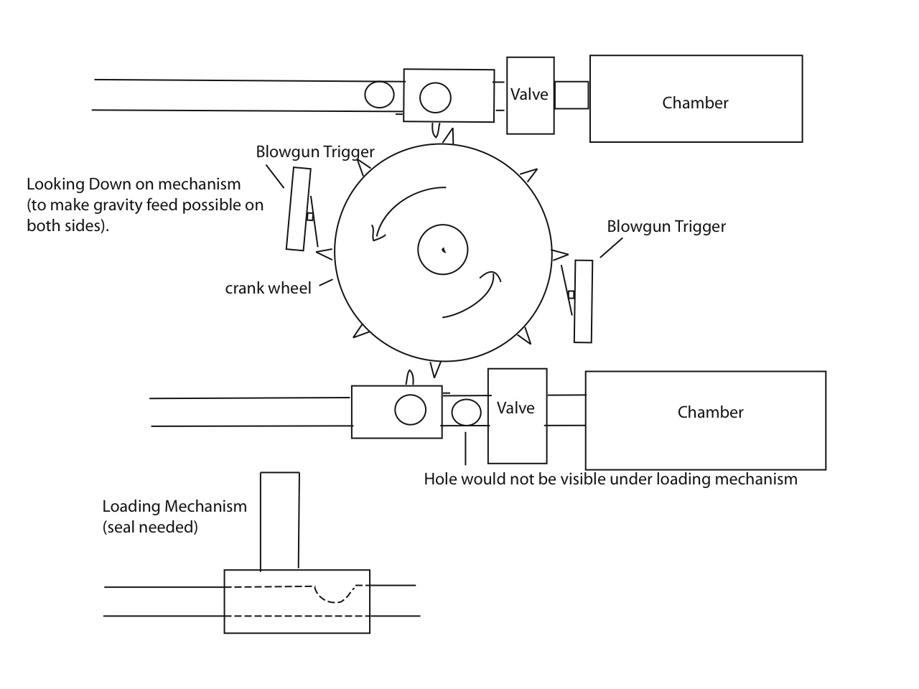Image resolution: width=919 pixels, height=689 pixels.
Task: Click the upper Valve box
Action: [x=530, y=95]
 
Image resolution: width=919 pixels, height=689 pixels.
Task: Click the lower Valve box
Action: [x=517, y=416]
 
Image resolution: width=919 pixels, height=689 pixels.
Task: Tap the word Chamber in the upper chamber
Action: [x=695, y=103]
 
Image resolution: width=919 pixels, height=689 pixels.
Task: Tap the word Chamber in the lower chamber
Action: [x=710, y=412]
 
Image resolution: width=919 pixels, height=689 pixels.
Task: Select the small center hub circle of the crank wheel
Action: [x=443, y=250]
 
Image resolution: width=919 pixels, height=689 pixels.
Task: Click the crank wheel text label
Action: [x=268, y=289]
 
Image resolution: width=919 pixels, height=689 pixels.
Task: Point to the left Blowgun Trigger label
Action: [x=315, y=152]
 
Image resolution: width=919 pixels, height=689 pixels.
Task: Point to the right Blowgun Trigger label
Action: [x=666, y=227]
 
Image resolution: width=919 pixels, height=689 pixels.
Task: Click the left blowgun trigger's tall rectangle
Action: [x=299, y=209]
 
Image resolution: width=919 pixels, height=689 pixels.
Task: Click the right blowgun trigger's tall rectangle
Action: [x=584, y=301]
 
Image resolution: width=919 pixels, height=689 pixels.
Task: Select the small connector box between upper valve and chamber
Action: [x=572, y=95]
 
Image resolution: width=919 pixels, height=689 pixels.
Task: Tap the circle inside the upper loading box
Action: [x=435, y=98]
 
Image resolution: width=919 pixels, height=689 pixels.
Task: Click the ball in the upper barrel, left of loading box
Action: [x=379, y=95]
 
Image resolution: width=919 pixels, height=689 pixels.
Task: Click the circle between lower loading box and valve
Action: [x=466, y=413]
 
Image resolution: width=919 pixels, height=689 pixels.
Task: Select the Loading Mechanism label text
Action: [x=174, y=506]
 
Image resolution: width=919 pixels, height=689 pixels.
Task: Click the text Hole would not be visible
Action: [x=610, y=479]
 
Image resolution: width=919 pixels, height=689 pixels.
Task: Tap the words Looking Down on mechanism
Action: [x=134, y=184]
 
